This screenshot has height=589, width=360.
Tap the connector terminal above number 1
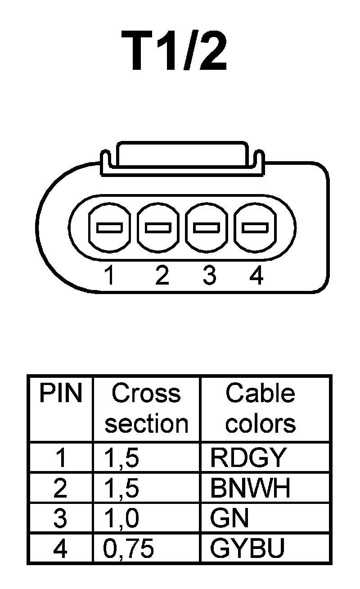click(109, 227)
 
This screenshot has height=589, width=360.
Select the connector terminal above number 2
click(158, 227)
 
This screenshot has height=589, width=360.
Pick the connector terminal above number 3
click(207, 227)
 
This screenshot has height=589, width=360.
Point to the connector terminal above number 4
click(255, 227)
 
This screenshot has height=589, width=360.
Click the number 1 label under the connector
click(108, 275)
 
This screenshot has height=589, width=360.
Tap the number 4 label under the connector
click(256, 275)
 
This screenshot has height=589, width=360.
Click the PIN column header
click(61, 394)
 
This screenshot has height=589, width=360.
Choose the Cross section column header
click(146, 408)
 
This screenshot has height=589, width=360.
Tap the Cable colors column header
click(261, 408)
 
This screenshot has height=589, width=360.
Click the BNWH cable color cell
click(250, 488)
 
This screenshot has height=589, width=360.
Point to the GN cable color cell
click(229, 518)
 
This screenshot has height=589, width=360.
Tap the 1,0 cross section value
click(121, 518)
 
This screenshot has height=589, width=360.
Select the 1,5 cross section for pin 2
click(121, 488)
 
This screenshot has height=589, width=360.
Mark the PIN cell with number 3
click(60, 518)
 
